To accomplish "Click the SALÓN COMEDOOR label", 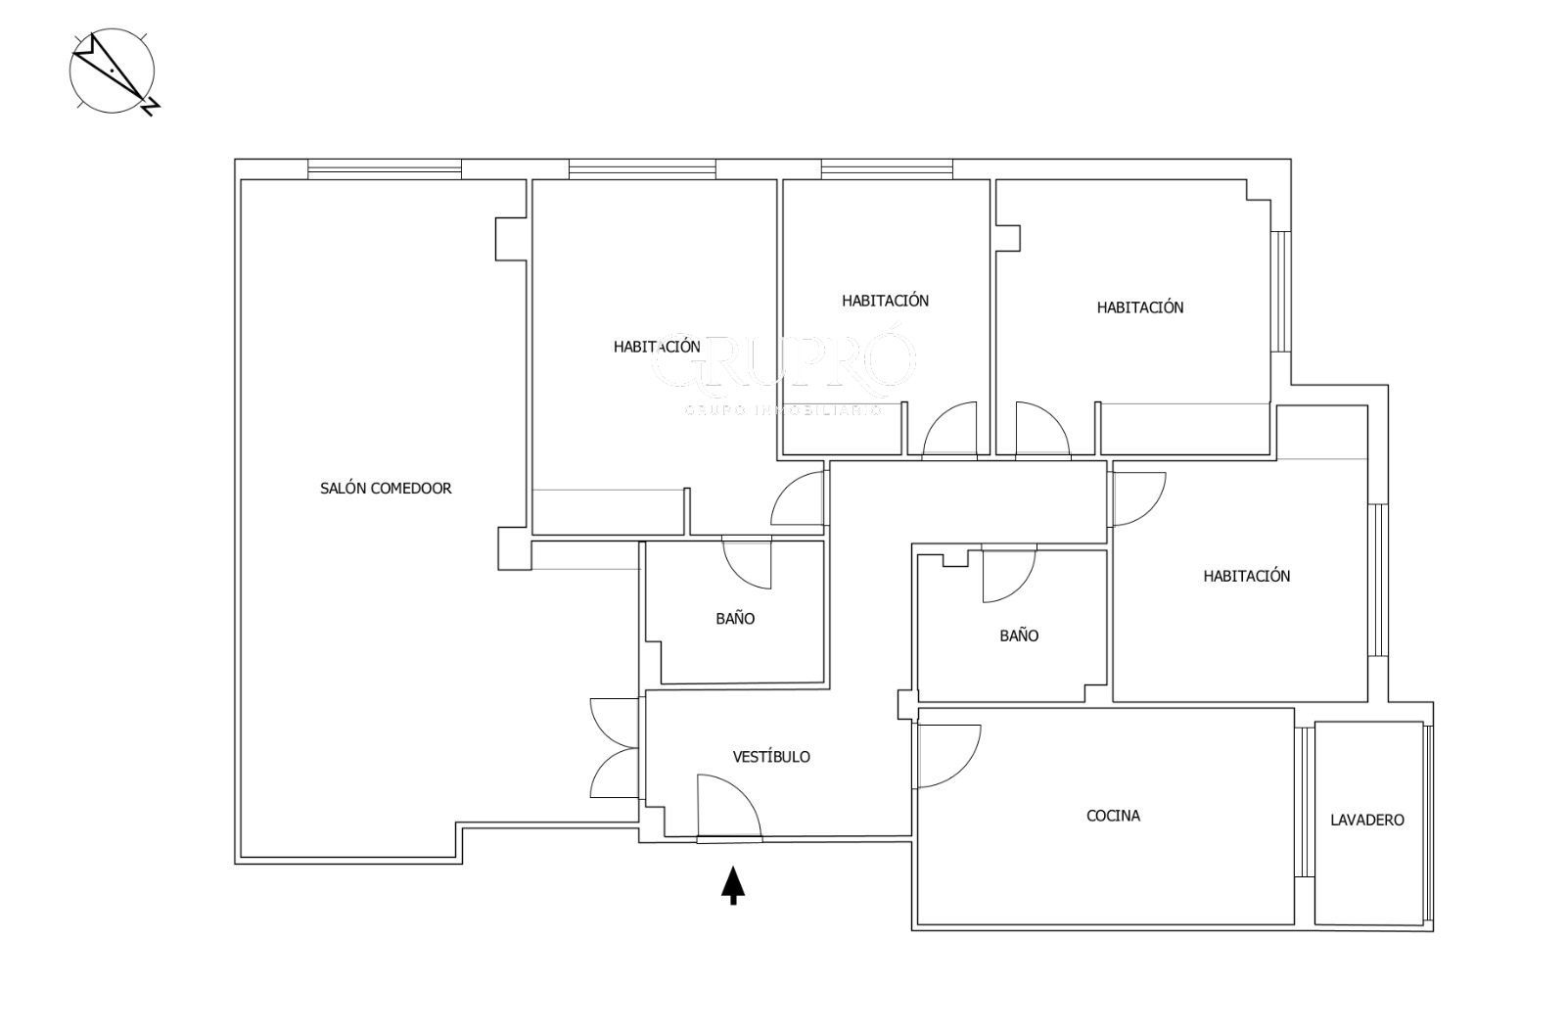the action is click(x=386, y=489).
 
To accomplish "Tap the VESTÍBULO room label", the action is click(x=771, y=757).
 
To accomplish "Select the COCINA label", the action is click(x=1113, y=816).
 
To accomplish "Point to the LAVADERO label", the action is click(x=1366, y=821).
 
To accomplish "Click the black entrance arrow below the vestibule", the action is click(x=733, y=885).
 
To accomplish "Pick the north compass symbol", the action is click(x=114, y=71).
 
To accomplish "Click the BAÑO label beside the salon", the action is click(x=735, y=619).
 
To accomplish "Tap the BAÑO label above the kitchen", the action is click(x=1019, y=635).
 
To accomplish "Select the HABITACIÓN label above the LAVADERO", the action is click(x=1247, y=576).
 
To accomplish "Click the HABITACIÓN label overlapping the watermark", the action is click(x=657, y=347).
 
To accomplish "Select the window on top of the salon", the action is click(x=385, y=169).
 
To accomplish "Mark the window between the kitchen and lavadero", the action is click(x=1305, y=802).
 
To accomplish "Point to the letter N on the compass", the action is click(x=151, y=107).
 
